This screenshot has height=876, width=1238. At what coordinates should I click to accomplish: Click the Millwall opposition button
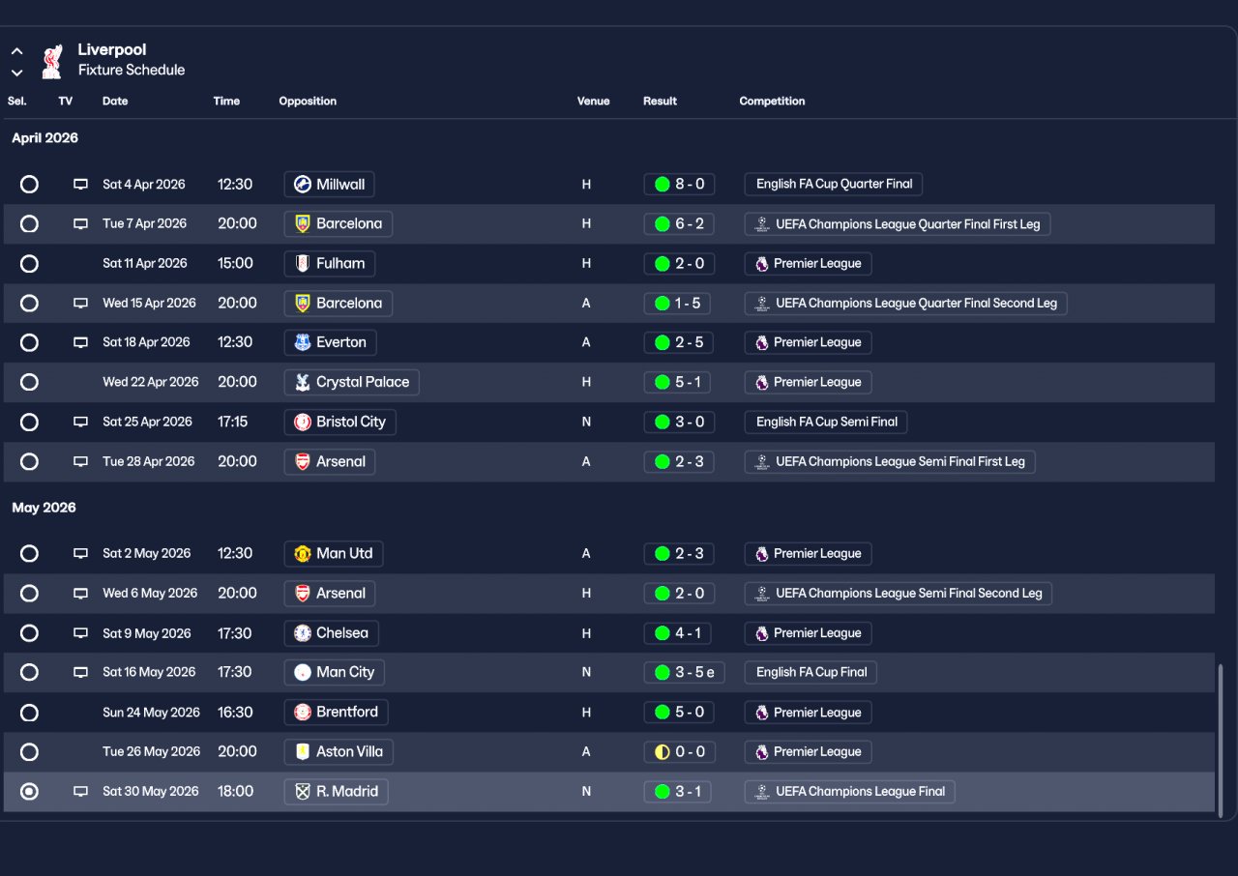click(330, 184)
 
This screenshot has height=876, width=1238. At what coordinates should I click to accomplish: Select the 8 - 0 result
click(679, 184)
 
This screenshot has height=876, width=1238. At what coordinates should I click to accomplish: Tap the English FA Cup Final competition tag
click(811, 672)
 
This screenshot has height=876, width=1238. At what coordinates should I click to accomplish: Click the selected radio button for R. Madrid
click(30, 791)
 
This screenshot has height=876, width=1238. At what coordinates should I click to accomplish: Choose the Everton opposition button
click(330, 342)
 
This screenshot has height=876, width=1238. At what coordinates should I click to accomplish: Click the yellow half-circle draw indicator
click(663, 751)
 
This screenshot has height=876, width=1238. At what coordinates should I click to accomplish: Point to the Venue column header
click(593, 101)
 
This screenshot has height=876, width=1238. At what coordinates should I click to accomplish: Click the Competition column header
click(772, 101)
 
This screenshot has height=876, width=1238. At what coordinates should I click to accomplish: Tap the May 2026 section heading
click(44, 508)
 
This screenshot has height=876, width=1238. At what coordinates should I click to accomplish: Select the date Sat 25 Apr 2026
click(147, 422)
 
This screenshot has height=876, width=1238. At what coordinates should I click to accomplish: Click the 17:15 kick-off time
click(232, 422)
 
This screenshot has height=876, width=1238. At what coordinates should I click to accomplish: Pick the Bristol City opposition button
click(340, 422)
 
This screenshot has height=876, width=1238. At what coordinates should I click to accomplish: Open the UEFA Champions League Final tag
click(849, 791)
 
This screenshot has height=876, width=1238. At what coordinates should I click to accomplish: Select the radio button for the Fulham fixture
click(30, 263)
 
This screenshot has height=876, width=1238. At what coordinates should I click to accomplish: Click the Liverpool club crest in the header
click(52, 61)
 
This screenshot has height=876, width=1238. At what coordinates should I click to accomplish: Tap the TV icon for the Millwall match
click(81, 184)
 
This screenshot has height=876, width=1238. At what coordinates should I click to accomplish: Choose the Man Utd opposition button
click(334, 553)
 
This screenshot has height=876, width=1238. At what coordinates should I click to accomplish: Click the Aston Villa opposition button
click(339, 751)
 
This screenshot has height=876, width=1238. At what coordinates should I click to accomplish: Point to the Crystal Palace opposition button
click(351, 382)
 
